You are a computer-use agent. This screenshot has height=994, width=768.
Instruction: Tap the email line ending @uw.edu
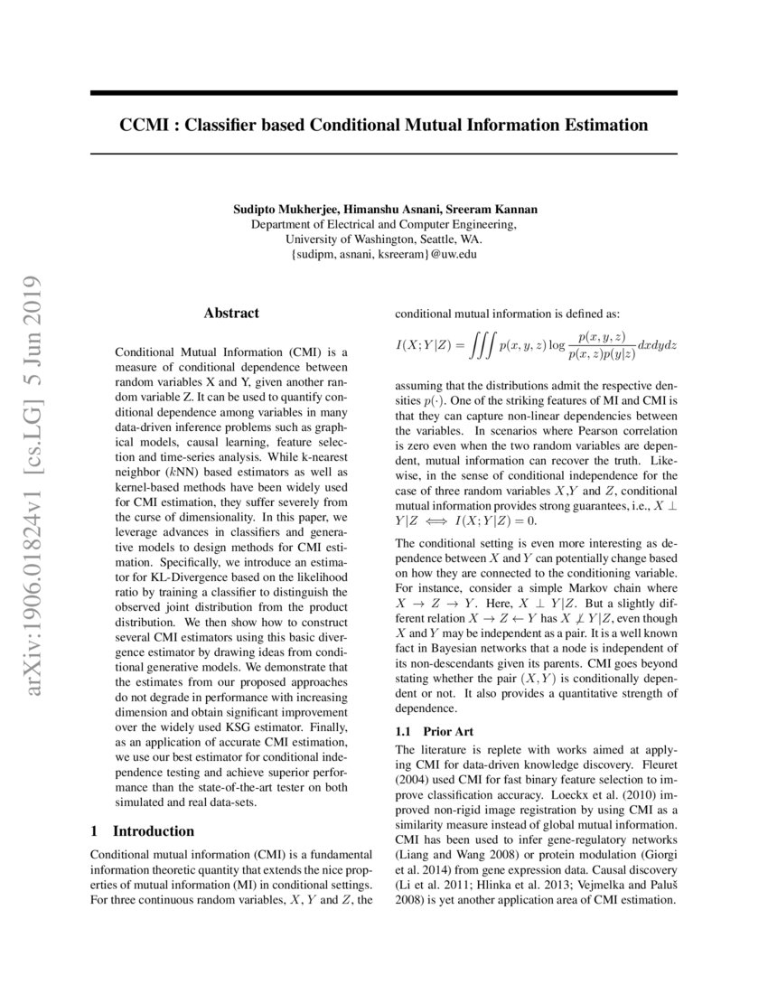pyautogui.click(x=384, y=255)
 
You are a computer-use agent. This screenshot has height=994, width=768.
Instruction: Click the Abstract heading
pyautogui.click(x=231, y=313)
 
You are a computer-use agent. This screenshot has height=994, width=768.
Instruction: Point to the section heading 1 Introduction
pyautogui.click(x=144, y=830)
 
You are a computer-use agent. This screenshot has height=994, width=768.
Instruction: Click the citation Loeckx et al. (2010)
pyautogui.click(x=535, y=794)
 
